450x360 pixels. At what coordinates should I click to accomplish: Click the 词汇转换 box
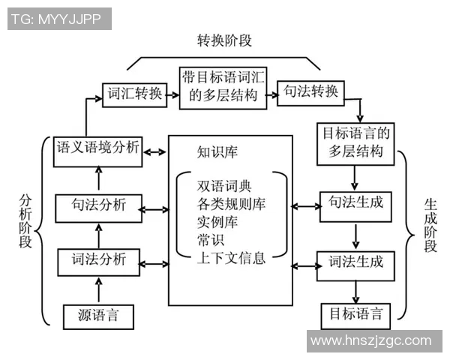click(132, 94)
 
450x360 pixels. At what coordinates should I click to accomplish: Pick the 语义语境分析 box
click(98, 148)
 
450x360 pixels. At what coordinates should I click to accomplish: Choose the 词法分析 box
click(98, 262)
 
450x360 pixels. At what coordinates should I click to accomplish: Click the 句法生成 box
click(355, 205)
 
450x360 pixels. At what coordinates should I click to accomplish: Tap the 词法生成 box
click(355, 262)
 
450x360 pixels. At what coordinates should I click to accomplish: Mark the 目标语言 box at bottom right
click(355, 313)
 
